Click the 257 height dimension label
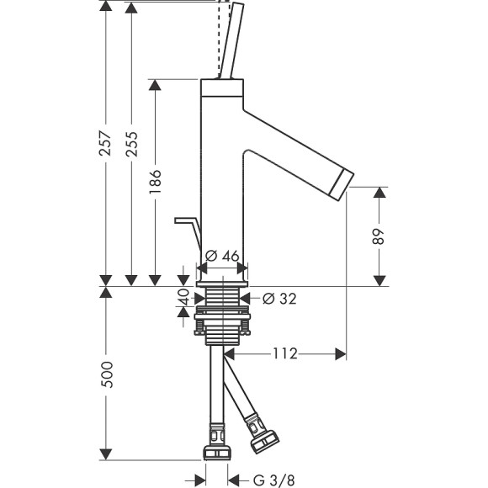(x=105, y=144)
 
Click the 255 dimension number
(x=131, y=144)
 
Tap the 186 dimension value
(x=155, y=182)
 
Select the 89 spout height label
(x=379, y=236)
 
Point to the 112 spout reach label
(x=285, y=354)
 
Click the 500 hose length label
(x=107, y=374)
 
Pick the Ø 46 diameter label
(x=222, y=256)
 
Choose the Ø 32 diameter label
(x=279, y=299)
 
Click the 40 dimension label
(x=183, y=297)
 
